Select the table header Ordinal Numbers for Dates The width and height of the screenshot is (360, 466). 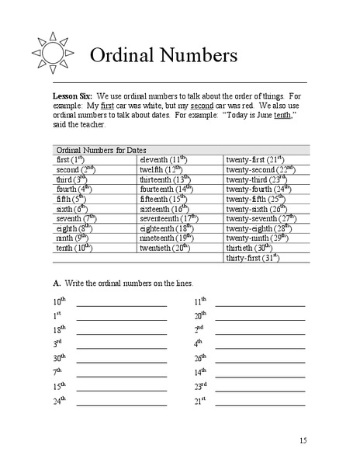pyautogui.click(x=102, y=149)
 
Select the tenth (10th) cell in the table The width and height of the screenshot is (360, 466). pyautogui.click(x=75, y=248)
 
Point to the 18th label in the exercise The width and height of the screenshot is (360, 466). pyautogui.click(x=60, y=329)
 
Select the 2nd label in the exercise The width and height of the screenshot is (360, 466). pyautogui.click(x=199, y=329)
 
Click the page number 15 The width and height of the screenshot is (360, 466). pyautogui.click(x=303, y=440)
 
